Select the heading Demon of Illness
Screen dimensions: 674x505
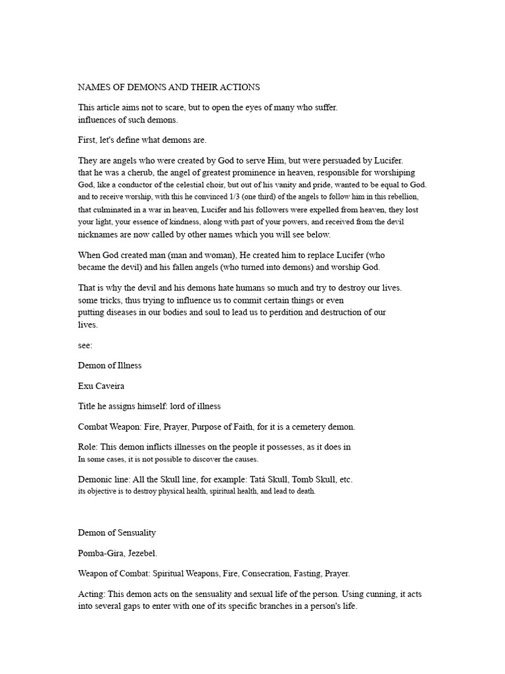(110, 365)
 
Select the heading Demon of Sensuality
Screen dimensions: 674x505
(117, 532)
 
